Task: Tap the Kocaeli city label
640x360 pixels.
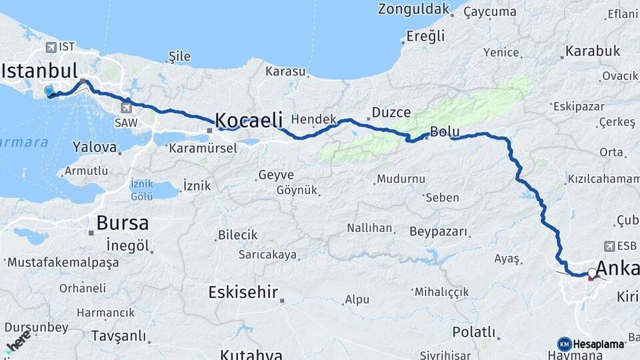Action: click(249, 121)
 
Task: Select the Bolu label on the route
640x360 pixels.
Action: click(445, 131)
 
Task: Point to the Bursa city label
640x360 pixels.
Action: click(123, 223)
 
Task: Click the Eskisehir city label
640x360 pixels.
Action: click(243, 291)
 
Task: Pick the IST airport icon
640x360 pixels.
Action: click(51, 47)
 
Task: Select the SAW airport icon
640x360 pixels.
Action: click(127, 107)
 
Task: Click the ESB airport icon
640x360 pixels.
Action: click(609, 246)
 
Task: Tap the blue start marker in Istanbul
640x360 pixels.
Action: click(49, 91)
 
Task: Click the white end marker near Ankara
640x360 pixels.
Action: click(592, 273)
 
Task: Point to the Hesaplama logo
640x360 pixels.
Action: click(591, 344)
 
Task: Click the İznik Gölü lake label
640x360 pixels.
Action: click(142, 189)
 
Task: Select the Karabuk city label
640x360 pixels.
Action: click(593, 51)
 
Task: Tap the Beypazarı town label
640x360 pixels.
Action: click(438, 231)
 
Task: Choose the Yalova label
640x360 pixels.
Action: click(95, 147)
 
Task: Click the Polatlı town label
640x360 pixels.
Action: click(474, 331)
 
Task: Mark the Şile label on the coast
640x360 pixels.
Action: click(179, 57)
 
